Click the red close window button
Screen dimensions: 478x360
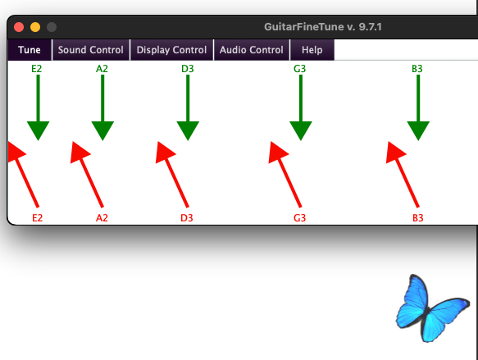19,27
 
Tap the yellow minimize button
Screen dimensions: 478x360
35,27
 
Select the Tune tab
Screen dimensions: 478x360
30,50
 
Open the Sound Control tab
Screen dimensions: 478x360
91,50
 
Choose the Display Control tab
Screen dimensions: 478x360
171,50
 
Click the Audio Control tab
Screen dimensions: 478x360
252,50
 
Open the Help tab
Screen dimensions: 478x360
312,50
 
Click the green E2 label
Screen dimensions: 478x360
37,69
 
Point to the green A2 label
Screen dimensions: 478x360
102,69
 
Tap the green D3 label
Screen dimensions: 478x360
188,69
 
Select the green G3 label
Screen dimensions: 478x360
299,69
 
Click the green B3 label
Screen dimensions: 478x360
417,69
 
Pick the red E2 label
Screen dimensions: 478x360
38,218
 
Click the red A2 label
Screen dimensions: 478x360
102,218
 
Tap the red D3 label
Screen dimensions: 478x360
187,218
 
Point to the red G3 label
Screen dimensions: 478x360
299,218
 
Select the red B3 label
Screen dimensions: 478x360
418,218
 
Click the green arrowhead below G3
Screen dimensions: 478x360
301,130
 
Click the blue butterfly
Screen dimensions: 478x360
432,308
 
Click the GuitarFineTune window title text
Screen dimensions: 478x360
323,27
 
